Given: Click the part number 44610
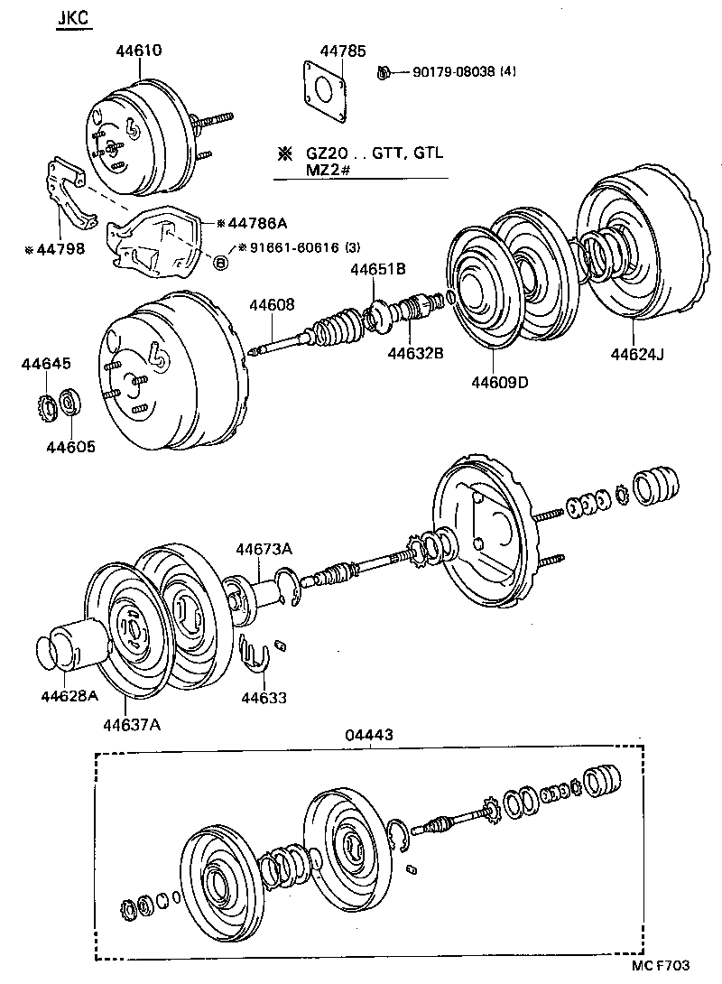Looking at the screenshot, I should (138, 51).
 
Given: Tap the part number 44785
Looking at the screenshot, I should (343, 51).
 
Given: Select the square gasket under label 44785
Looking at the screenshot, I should (324, 89).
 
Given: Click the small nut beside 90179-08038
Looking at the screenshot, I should (383, 71).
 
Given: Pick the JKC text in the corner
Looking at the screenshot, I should (74, 19).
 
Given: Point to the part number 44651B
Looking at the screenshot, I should (378, 268).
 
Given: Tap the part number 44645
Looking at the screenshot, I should (44, 364).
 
